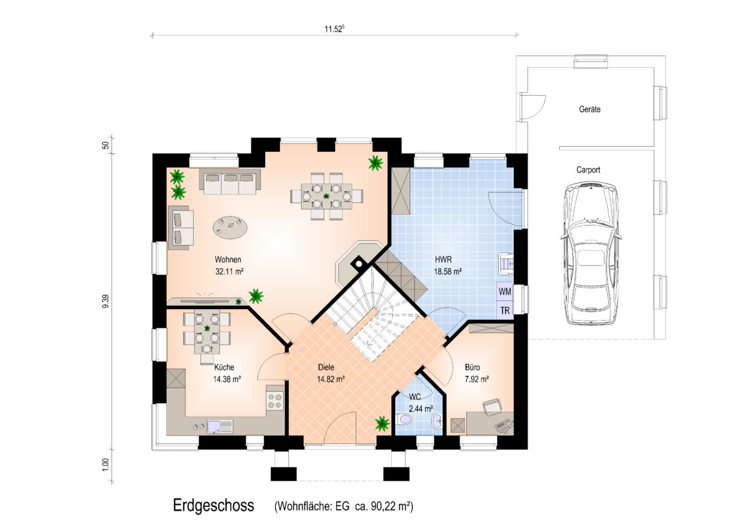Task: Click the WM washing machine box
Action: tap(504, 291)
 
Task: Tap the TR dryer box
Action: tap(504, 310)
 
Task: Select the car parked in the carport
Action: tap(591, 252)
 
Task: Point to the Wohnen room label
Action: tap(228, 260)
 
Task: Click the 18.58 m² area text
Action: tap(447, 271)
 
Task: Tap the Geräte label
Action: tap(590, 109)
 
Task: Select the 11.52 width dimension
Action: tap(334, 28)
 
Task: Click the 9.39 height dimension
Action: tap(105, 301)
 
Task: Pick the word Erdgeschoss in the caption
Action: tap(213, 505)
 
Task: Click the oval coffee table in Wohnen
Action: tap(231, 227)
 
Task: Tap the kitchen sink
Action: tap(220, 426)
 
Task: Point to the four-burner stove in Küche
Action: tap(275, 400)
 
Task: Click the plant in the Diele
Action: tap(381, 423)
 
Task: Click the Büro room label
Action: tap(473, 367)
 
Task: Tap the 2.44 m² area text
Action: tap(421, 409)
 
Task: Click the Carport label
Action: tap(588, 170)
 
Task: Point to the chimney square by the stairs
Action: tap(358, 263)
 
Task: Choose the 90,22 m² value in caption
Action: tap(391, 506)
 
